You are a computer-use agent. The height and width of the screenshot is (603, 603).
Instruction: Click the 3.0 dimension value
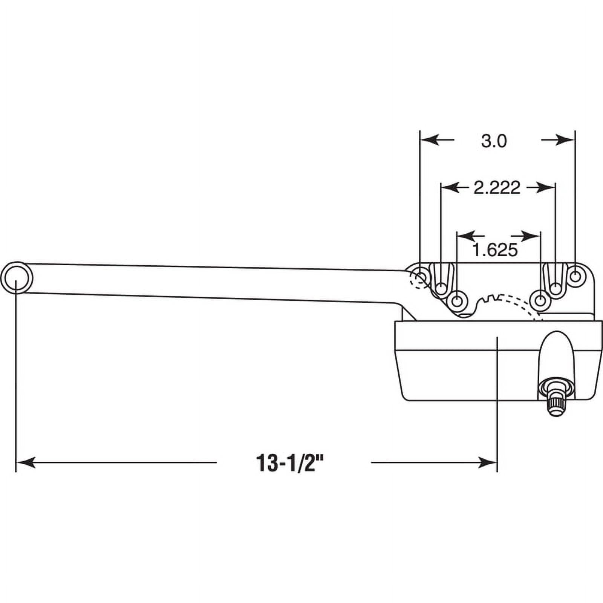point(494,141)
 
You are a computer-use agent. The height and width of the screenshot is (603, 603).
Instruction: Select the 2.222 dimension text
point(497,187)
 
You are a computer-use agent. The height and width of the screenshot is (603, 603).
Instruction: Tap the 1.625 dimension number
point(495,249)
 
